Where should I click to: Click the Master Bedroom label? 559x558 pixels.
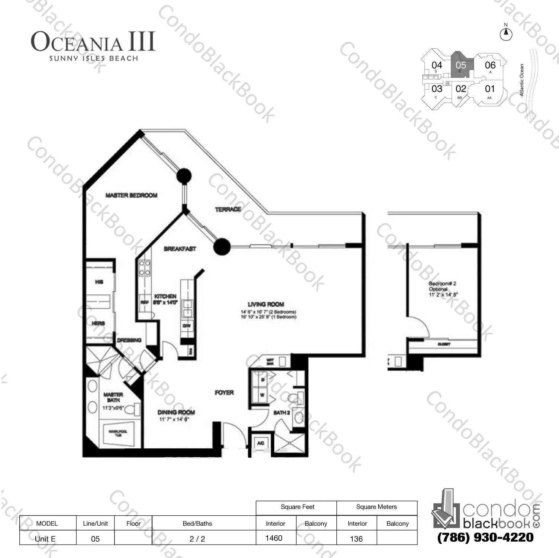pyautogui.click(x=131, y=195)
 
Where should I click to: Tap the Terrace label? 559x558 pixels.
pyautogui.click(x=228, y=210)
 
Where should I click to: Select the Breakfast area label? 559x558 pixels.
pyautogui.click(x=180, y=249)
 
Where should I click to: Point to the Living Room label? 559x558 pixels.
pyautogui.click(x=266, y=304)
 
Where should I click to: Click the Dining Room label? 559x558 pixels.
pyautogui.click(x=176, y=412)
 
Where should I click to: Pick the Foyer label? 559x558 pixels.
pyautogui.click(x=224, y=393)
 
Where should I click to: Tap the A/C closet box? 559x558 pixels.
pyautogui.click(x=261, y=443)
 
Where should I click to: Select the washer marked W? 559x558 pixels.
pyautogui.click(x=262, y=395)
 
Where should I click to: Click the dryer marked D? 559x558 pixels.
pyautogui.click(x=262, y=380)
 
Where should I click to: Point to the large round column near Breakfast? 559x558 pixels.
pyautogui.click(x=222, y=246)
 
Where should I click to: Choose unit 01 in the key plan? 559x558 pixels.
pyautogui.click(x=490, y=89)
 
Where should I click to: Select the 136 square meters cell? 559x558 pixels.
pyautogui.click(x=356, y=539)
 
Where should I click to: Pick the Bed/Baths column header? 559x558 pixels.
pyautogui.click(x=197, y=523)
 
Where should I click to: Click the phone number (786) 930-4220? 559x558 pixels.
pyautogui.click(x=485, y=538)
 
